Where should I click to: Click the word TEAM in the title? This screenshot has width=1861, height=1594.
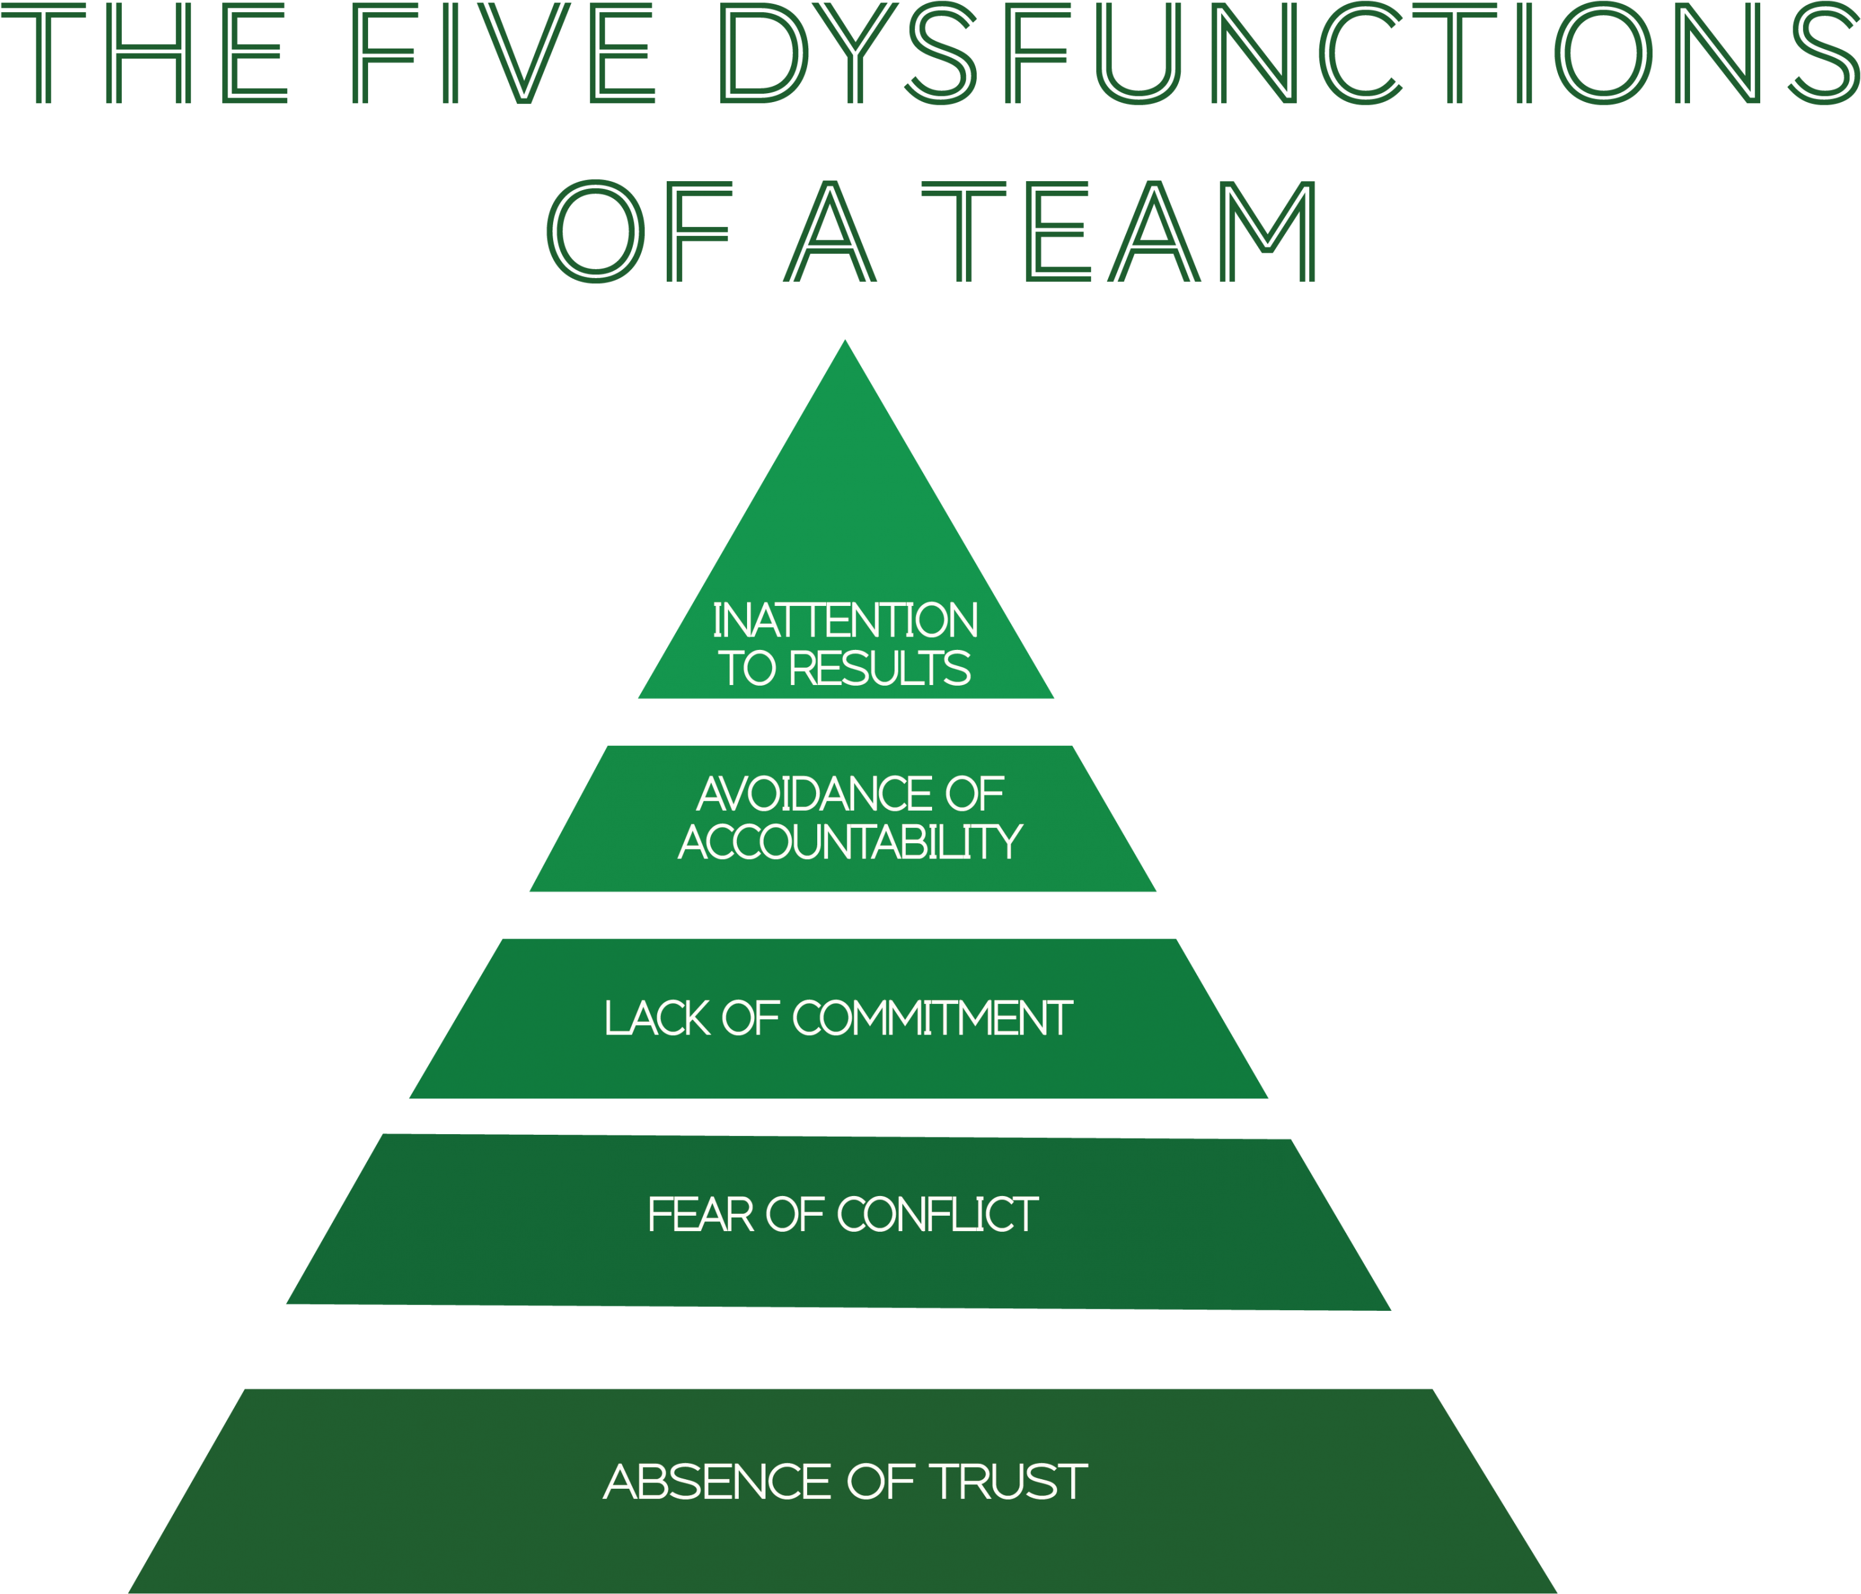[1120, 232]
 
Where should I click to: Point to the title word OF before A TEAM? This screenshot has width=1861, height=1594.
[639, 232]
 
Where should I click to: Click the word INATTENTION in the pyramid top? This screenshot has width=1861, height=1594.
[845, 621]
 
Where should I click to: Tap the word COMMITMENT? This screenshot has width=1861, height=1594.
[931, 1019]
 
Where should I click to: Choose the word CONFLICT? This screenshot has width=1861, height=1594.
[938, 1215]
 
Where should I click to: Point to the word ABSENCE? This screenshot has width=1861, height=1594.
[716, 1482]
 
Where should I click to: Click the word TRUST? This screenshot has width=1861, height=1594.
[1009, 1482]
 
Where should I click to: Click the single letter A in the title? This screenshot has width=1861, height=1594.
[830, 232]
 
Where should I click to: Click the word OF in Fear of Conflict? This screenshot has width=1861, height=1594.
[795, 1215]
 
